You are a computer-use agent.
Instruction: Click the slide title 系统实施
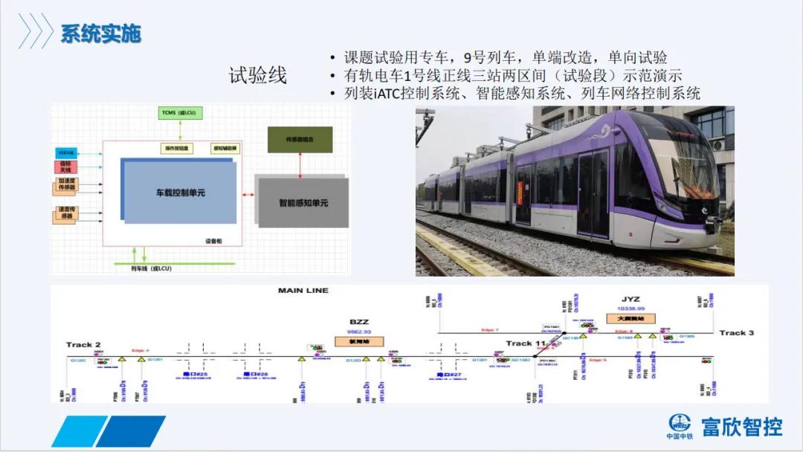[x=100, y=33]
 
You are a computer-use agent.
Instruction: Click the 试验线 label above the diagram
[x=257, y=75]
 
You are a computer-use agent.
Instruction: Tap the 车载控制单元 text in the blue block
[x=180, y=193]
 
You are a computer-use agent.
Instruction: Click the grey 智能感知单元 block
[x=303, y=202]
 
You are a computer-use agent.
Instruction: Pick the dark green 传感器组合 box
[x=300, y=140]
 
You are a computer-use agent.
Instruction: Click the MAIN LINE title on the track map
[x=303, y=291]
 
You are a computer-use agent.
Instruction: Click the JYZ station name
[x=631, y=300]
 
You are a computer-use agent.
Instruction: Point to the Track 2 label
[x=83, y=345]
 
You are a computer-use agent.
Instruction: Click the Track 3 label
[x=736, y=333]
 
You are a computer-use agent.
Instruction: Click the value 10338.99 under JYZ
[x=631, y=309]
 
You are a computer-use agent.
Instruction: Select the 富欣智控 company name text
[x=742, y=427]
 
